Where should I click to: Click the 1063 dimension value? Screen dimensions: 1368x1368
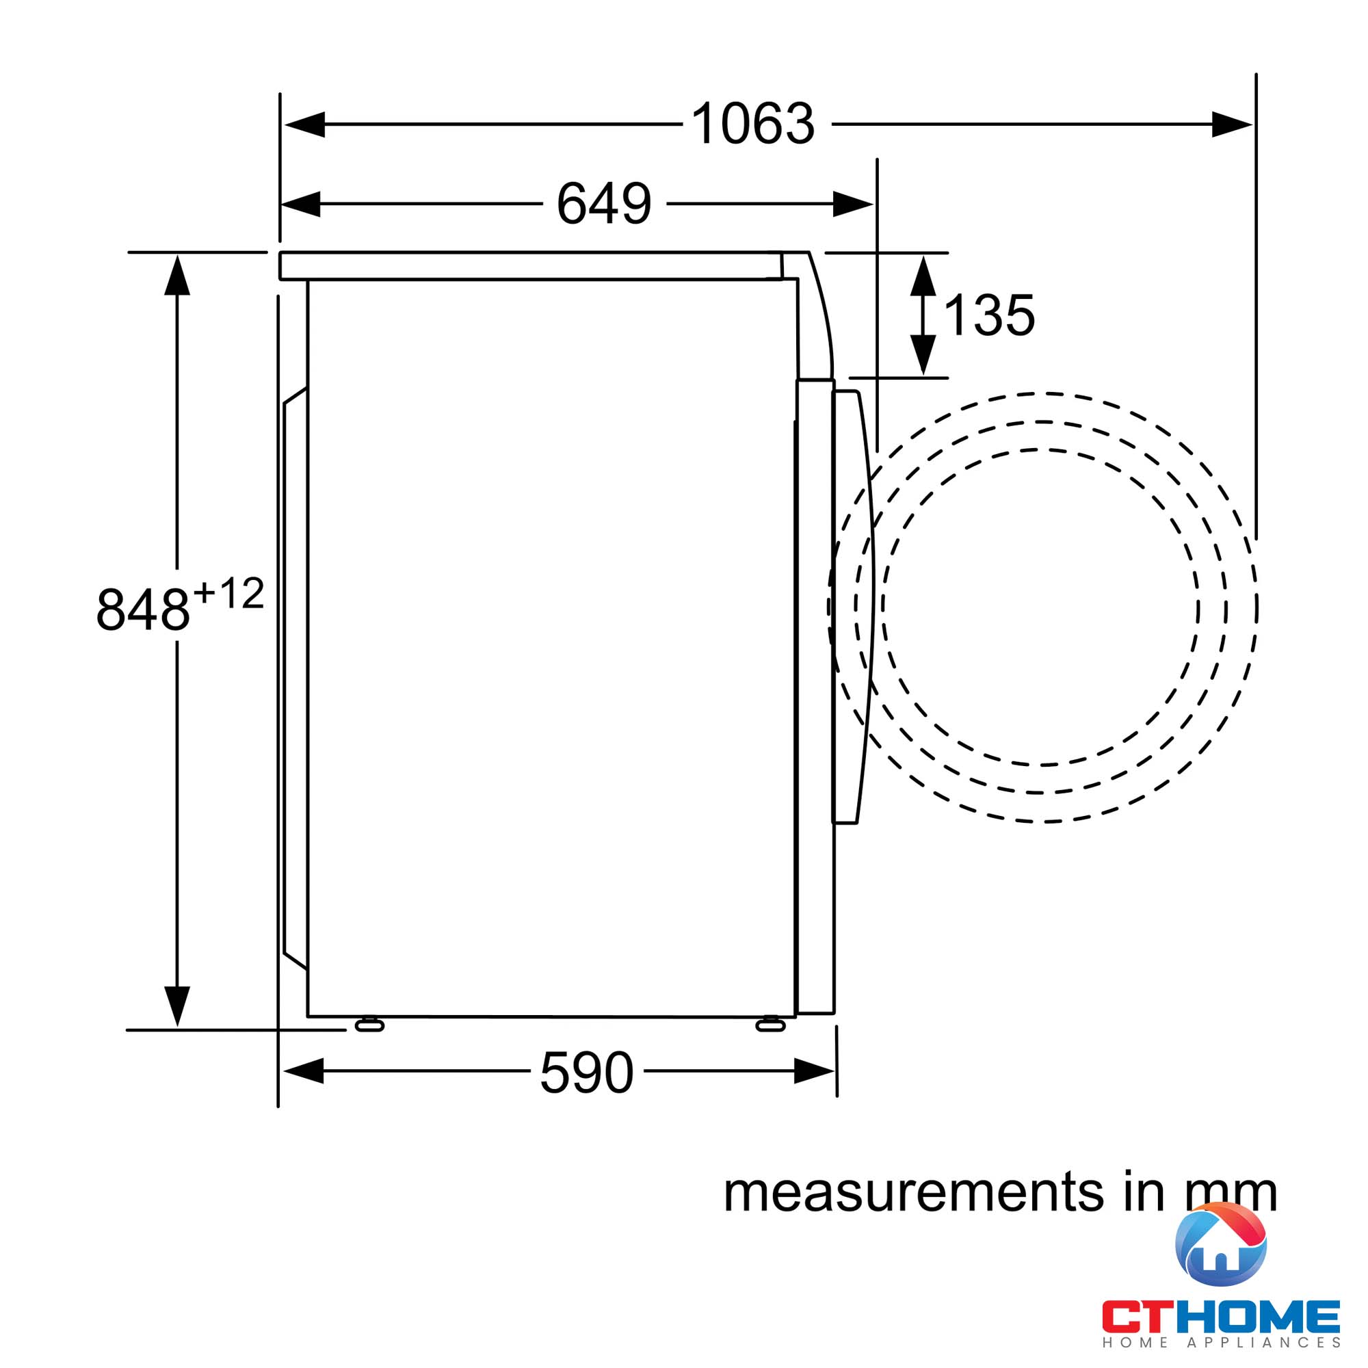tap(752, 124)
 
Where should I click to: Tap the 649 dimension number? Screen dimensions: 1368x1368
tap(603, 204)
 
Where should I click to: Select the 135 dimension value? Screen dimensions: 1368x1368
tap(989, 315)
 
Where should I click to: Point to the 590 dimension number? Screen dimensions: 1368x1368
tap(586, 1073)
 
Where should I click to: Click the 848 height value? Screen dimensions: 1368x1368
tap(143, 608)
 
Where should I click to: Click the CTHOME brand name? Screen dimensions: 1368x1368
tap(1221, 1316)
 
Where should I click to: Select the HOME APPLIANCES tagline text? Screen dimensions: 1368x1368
tap(1221, 1343)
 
